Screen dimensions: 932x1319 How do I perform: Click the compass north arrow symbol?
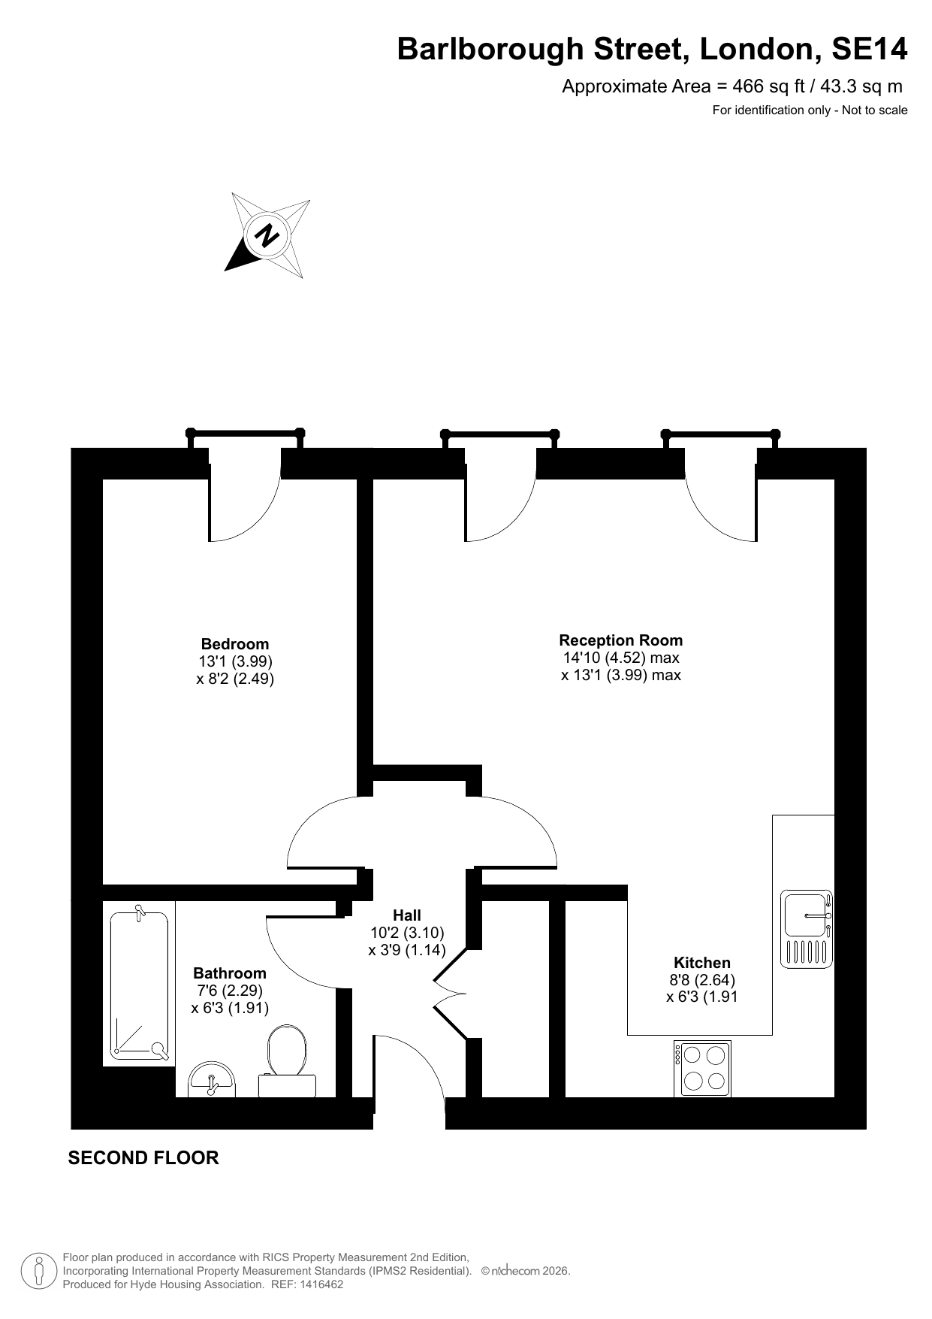point(267,235)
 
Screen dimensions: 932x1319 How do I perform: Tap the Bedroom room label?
point(235,644)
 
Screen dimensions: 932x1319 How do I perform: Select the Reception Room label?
point(621,640)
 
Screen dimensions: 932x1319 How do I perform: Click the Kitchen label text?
point(702,963)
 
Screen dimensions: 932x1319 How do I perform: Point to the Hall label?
point(407,915)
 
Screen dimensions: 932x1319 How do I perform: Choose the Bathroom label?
point(230,973)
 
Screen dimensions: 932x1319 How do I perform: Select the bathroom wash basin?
point(213,1080)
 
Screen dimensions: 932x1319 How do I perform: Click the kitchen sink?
point(807,929)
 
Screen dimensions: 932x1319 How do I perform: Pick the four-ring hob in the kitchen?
point(702,1068)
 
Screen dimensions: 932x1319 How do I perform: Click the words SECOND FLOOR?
point(143,1157)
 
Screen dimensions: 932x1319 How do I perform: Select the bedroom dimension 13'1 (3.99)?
point(235,661)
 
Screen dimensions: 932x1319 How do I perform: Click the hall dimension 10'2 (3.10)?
point(407,933)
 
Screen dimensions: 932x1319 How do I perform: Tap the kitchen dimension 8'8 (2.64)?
point(702,980)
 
